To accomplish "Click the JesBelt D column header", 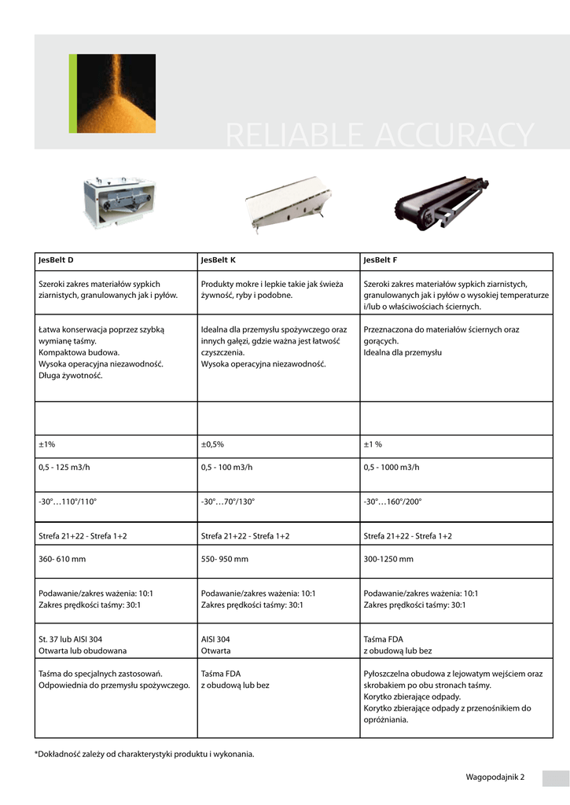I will [x=56, y=259].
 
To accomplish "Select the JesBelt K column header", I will [x=219, y=259].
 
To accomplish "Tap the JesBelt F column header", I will [x=381, y=259].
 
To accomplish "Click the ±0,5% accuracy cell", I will [x=213, y=444].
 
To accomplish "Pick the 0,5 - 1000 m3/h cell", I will [x=392, y=467].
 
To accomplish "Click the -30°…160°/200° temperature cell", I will [x=392, y=501].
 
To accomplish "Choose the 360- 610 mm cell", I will [x=62, y=559].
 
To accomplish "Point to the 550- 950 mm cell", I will [x=225, y=559].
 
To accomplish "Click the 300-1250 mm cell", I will [x=388, y=559].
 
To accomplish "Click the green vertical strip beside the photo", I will [x=72, y=93].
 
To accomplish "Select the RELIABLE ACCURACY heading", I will [x=379, y=135].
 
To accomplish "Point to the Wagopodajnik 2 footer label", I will [x=495, y=777].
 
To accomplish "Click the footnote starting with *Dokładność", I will [x=145, y=754].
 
